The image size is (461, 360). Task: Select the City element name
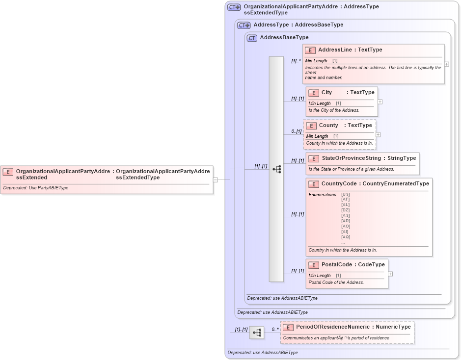(326, 92)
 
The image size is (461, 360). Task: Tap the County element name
(328, 125)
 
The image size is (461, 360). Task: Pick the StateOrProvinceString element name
(351, 158)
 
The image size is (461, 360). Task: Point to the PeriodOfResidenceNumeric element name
(332, 327)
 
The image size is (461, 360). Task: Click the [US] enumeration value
(346, 194)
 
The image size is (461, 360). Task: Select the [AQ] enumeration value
(346, 237)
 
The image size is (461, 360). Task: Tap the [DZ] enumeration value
(346, 210)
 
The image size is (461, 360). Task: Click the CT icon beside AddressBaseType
(252, 38)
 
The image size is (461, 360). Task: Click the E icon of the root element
(8, 172)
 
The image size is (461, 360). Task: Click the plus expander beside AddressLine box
(446, 64)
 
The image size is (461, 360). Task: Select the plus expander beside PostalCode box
(390, 274)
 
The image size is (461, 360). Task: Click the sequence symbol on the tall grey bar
(276, 169)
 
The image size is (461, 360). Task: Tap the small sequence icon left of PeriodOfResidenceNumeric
(256, 333)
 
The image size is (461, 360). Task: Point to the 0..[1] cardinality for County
(296, 131)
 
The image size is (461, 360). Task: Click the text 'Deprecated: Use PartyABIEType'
(35, 188)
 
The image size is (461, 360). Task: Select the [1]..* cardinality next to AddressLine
(296, 61)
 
